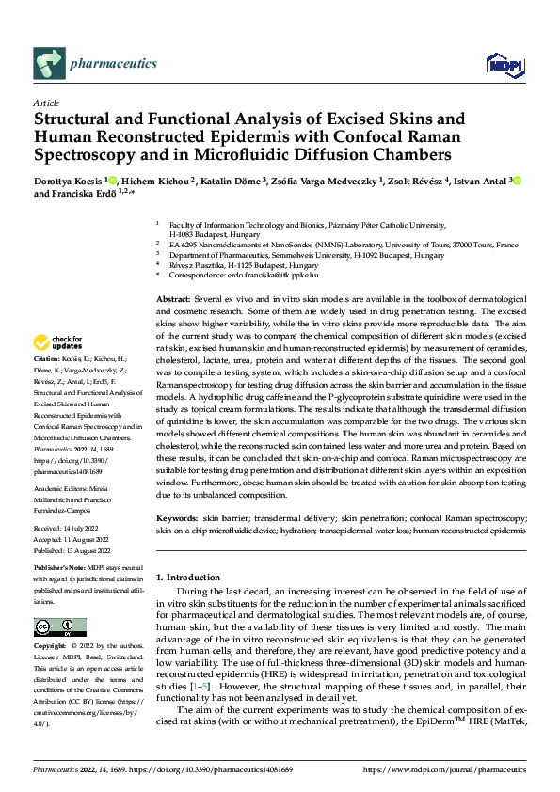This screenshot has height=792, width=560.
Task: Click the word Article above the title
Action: tap(46, 102)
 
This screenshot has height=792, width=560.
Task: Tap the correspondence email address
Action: tap(281, 276)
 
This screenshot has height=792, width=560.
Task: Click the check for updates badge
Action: tap(60, 341)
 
